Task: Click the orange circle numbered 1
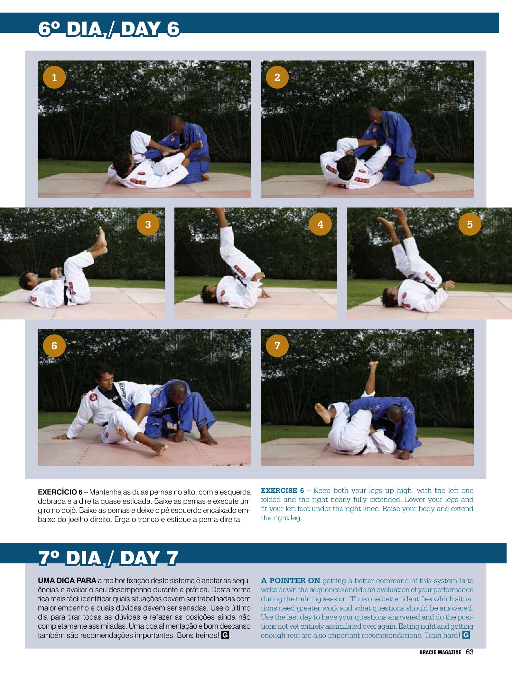54,77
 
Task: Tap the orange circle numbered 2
277,77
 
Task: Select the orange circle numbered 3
148,224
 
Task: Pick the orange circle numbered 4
320,224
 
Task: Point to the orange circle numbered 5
470,224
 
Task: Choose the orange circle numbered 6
54,346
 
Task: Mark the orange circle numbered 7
277,346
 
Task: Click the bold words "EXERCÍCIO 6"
60,492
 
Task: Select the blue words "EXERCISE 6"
282,491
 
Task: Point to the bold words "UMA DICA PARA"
67,581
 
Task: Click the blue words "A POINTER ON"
291,581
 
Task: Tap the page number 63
470,652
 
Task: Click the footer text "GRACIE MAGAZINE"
440,652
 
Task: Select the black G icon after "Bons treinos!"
225,635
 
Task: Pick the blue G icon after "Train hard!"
466,635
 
